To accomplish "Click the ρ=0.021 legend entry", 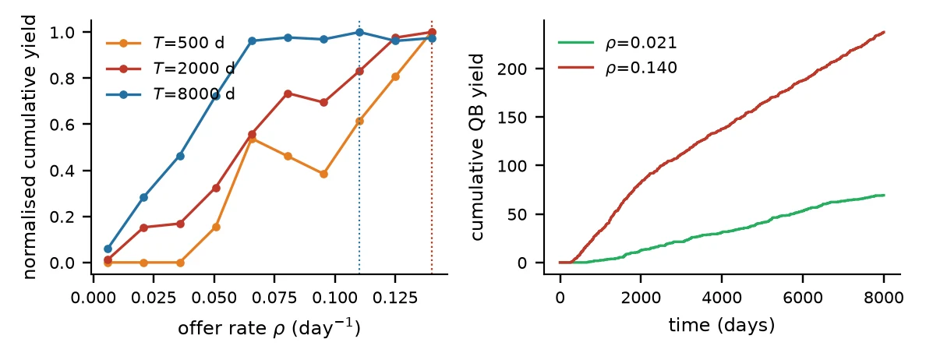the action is [x=617, y=43].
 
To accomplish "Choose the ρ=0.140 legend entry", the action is [x=617, y=68].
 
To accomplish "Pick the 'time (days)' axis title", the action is [x=721, y=325].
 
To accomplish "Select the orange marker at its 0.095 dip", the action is [x=323, y=174].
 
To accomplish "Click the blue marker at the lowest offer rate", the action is [x=108, y=249].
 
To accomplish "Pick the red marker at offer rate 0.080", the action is [x=288, y=94].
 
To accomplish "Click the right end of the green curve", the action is [x=884, y=195].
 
